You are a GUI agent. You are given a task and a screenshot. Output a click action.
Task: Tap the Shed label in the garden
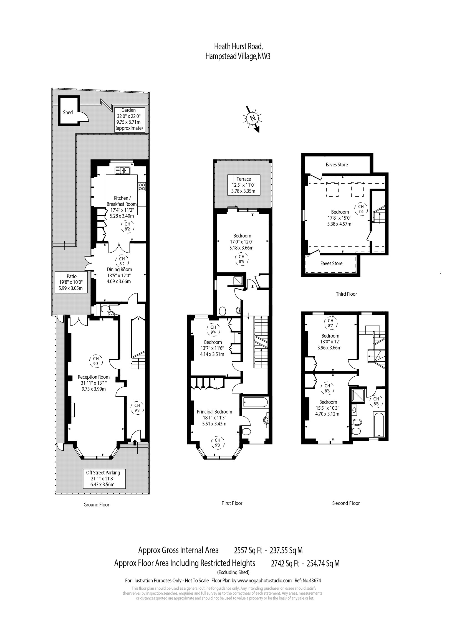(x=68, y=112)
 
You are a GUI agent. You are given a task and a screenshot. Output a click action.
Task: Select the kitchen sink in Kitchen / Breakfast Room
(x=123, y=170)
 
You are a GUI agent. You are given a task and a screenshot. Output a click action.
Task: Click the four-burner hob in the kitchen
(x=142, y=186)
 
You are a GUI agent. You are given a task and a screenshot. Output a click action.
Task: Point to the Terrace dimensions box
(x=244, y=185)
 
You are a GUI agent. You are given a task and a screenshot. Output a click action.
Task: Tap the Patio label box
(x=71, y=282)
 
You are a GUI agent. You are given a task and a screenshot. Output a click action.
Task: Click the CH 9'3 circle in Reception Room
(x=96, y=361)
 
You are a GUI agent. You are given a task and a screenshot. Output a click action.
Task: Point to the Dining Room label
(x=119, y=269)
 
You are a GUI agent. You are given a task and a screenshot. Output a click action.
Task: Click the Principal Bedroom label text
(x=214, y=412)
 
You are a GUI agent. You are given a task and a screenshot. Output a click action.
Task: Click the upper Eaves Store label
(x=337, y=165)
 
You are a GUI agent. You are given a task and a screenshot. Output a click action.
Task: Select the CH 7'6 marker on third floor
(x=361, y=209)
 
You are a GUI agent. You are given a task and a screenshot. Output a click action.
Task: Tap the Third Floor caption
(x=346, y=294)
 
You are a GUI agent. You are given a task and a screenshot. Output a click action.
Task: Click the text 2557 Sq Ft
(x=248, y=551)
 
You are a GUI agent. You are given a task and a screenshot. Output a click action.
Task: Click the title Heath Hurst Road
(x=238, y=46)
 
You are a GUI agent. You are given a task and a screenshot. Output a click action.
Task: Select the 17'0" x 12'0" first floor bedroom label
(x=242, y=242)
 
